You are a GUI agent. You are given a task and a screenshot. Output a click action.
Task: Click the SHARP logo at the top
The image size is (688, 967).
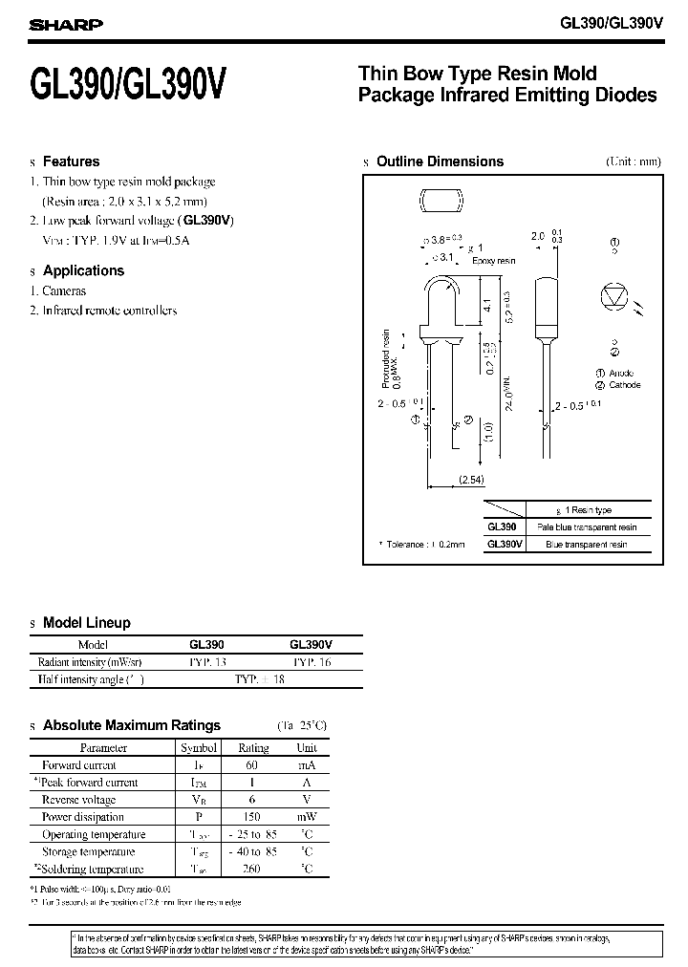point(66,25)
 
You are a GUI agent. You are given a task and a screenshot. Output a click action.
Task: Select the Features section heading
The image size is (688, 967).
point(72,161)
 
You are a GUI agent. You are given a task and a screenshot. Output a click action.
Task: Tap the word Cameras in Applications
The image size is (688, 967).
point(65,290)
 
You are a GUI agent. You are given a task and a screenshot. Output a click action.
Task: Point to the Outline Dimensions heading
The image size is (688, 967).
point(440,161)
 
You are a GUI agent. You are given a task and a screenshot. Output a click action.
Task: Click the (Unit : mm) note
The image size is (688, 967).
point(633,161)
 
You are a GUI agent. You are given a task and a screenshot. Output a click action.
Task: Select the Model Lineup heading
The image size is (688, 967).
point(87,623)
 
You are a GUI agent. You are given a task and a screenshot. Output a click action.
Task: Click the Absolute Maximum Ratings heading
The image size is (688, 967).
point(132,725)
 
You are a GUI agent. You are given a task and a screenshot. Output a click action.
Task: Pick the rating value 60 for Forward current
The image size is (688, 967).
point(253,765)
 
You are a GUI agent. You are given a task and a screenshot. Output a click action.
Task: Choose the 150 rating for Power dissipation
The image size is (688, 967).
point(253,817)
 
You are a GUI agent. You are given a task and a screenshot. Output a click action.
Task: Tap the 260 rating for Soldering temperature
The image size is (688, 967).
point(253,869)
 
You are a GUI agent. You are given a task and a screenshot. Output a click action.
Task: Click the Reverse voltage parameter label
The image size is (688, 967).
point(78,800)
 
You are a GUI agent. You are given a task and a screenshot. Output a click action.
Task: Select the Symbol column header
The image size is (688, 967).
point(199,748)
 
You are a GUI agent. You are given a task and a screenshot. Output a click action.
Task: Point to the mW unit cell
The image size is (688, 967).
point(307,817)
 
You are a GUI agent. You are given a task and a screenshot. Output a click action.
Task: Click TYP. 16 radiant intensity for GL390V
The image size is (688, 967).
point(312,661)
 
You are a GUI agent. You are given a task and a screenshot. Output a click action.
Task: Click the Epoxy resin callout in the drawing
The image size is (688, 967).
point(494,260)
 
